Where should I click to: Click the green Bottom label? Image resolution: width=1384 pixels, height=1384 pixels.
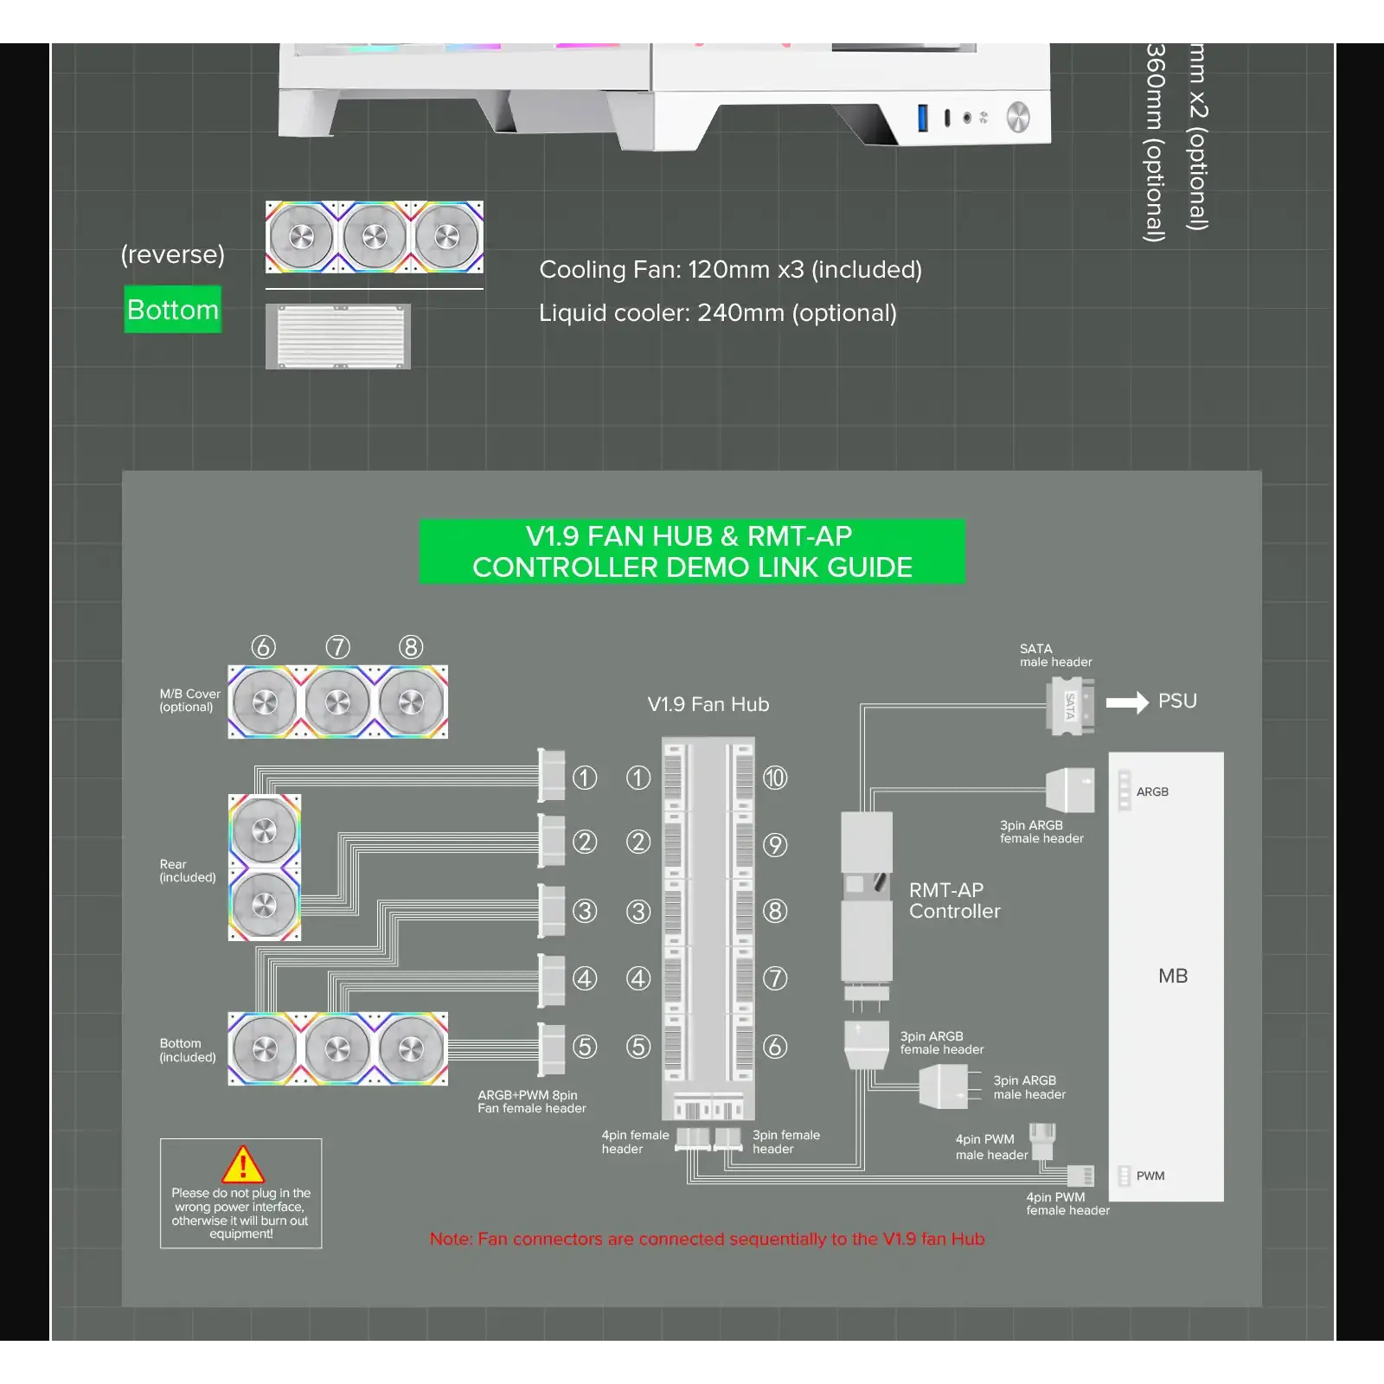(x=172, y=310)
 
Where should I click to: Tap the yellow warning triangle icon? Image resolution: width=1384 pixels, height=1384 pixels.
(x=243, y=1164)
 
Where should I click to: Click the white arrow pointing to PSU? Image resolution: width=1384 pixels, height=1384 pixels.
(x=1127, y=702)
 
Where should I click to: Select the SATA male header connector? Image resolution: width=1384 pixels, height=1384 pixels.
(x=1070, y=706)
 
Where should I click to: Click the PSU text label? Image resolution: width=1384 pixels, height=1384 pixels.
(x=1177, y=701)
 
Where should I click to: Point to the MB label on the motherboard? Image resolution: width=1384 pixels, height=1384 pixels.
(x=1172, y=976)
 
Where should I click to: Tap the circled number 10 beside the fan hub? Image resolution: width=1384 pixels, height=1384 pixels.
(x=775, y=778)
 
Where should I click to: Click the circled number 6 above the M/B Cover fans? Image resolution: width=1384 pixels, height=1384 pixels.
(x=264, y=647)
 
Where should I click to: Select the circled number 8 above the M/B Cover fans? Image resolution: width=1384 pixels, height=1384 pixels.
(x=411, y=647)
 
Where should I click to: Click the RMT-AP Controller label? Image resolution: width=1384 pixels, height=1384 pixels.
(x=954, y=900)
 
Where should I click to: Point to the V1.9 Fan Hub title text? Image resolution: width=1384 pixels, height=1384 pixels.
(x=708, y=704)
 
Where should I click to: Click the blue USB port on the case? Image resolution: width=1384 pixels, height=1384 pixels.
(x=923, y=118)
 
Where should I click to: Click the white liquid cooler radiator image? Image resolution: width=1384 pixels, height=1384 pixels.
(x=338, y=336)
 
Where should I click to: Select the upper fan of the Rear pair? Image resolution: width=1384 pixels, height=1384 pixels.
(x=265, y=830)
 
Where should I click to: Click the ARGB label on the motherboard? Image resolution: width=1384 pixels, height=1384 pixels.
(x=1152, y=791)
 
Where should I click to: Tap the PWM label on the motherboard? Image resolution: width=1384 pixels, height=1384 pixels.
(x=1150, y=1176)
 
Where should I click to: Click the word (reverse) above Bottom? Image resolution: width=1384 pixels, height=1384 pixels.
(x=173, y=254)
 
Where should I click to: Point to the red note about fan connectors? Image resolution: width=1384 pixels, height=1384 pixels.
(x=707, y=1239)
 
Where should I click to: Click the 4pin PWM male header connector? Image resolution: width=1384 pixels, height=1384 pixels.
(x=1043, y=1138)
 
